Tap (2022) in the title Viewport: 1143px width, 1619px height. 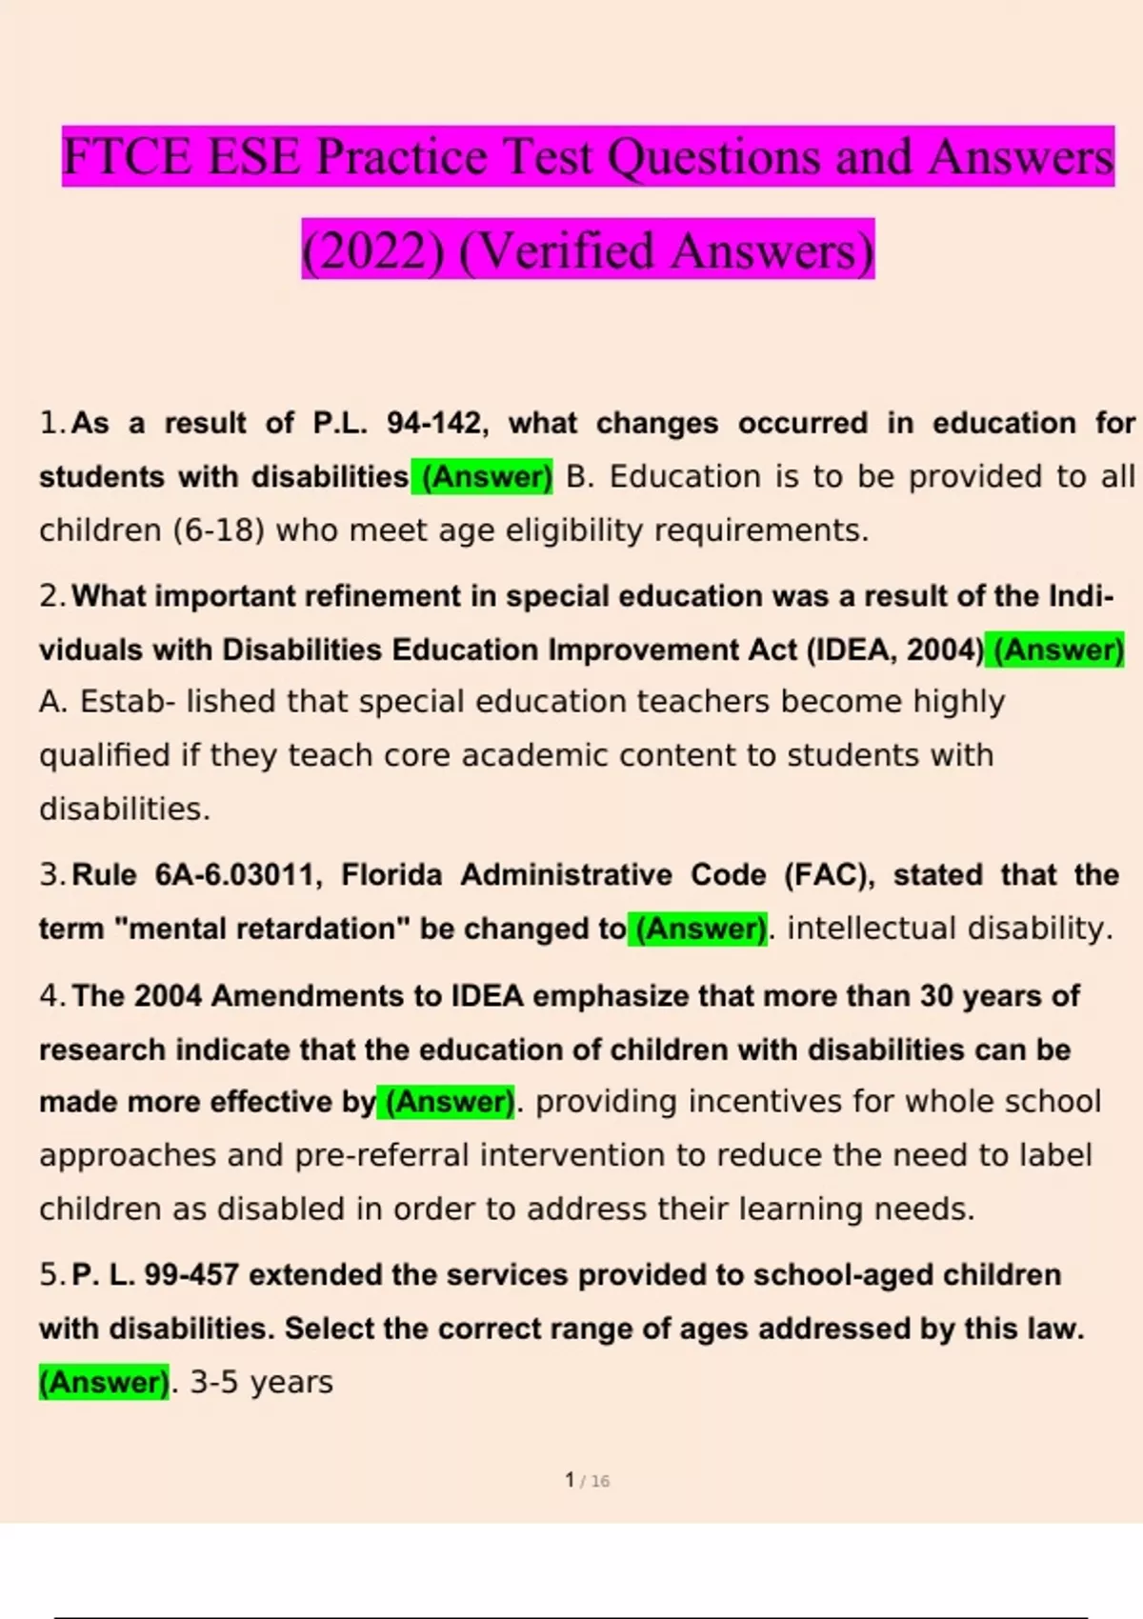(372, 250)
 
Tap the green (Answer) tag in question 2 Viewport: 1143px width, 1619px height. (1057, 650)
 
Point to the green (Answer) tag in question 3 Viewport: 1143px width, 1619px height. (700, 928)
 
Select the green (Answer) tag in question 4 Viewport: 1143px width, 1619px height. (449, 1102)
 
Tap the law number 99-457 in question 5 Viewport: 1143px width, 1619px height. (191, 1274)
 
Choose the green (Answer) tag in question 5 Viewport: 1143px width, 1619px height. (104, 1382)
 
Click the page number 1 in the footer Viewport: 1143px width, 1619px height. (570, 1480)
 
